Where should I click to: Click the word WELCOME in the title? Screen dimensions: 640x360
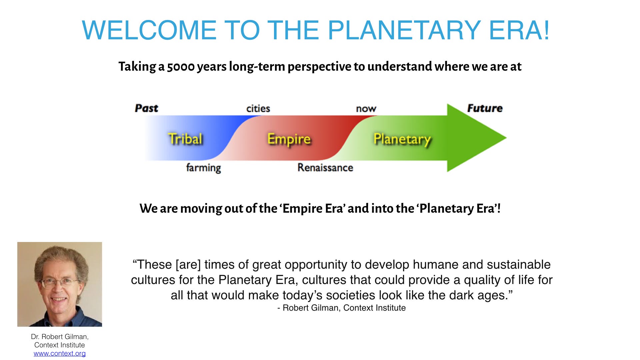[149, 30]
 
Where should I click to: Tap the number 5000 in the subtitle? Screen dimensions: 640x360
[181, 67]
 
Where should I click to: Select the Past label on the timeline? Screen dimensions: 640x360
[146, 108]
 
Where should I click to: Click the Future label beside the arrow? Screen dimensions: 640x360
[485, 108]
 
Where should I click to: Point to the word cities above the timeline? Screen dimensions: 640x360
[258, 108]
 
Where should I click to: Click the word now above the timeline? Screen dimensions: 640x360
[366, 109]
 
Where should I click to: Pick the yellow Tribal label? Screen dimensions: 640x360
[185, 139]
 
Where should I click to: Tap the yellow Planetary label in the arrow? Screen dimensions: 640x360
[402, 139]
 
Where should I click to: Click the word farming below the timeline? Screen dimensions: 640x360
[203, 167]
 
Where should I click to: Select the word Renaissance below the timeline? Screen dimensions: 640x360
[325, 167]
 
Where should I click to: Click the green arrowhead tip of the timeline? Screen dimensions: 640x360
[506, 138]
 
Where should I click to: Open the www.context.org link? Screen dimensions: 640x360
[60, 353]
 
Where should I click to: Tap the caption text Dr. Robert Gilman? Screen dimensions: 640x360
[60, 337]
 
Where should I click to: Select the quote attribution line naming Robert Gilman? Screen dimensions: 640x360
[341, 308]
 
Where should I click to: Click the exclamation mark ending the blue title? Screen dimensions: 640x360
[546, 30]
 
